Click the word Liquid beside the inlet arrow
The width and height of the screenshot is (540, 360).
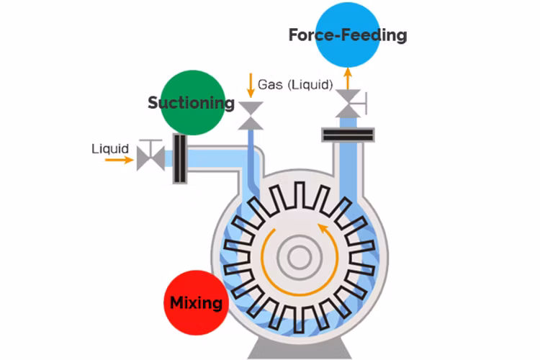(110, 149)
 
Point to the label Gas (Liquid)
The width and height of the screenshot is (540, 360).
(295, 84)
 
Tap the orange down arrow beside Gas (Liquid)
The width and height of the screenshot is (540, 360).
(251, 85)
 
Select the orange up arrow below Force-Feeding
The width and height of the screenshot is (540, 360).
(348, 76)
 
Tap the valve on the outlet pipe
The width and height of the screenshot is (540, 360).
(348, 102)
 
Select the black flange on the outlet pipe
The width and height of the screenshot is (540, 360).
(348, 134)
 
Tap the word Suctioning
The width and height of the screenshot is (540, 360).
(191, 103)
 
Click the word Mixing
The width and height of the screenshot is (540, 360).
(196, 302)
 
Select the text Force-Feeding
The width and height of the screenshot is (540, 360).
(348, 35)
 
